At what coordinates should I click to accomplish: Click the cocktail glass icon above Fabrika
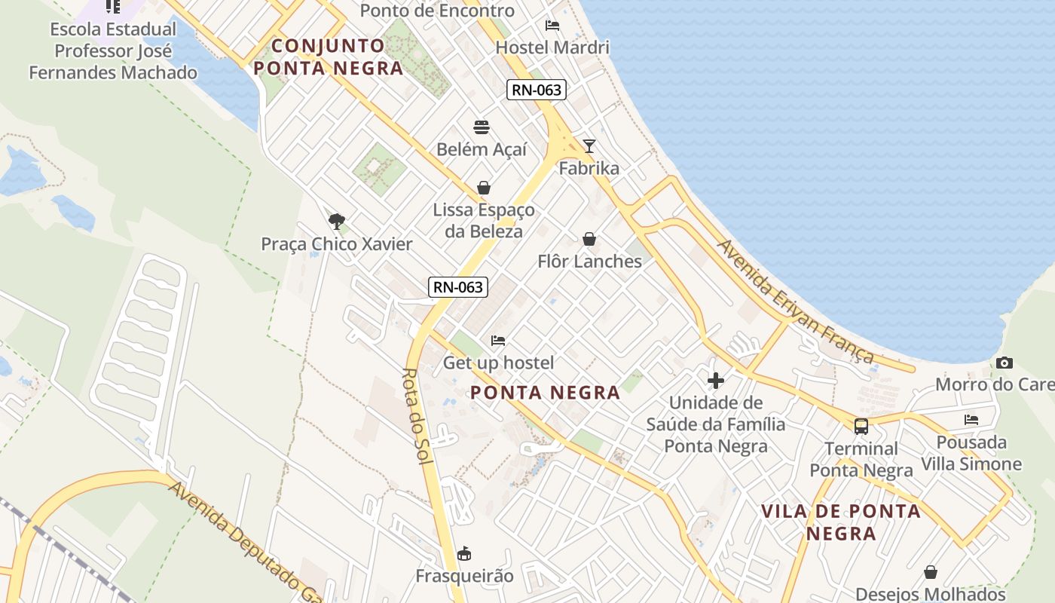pos(589,146)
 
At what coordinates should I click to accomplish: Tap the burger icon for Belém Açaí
pos(482,127)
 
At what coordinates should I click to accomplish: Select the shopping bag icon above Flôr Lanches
pos(589,239)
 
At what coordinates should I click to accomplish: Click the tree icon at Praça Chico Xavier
pos(337,221)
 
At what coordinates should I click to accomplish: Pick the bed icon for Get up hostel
pos(498,341)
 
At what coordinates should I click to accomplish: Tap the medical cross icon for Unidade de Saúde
pos(716,381)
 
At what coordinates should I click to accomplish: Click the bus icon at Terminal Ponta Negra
pos(861,427)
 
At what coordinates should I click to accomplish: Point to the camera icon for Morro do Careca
pos(1004,363)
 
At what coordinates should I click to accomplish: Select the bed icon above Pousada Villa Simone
pos(971,420)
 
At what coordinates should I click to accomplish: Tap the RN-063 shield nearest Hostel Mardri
pos(536,90)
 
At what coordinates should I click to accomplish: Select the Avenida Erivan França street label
pos(796,301)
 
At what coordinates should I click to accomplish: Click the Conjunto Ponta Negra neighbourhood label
pos(329,57)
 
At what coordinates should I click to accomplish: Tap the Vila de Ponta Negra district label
pos(841,522)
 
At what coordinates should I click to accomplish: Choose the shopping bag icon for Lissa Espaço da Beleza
pos(484,188)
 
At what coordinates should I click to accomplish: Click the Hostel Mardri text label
pos(552,47)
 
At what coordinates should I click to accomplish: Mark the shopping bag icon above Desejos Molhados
pos(931,572)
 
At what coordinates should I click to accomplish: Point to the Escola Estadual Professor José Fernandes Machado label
pos(113,51)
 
